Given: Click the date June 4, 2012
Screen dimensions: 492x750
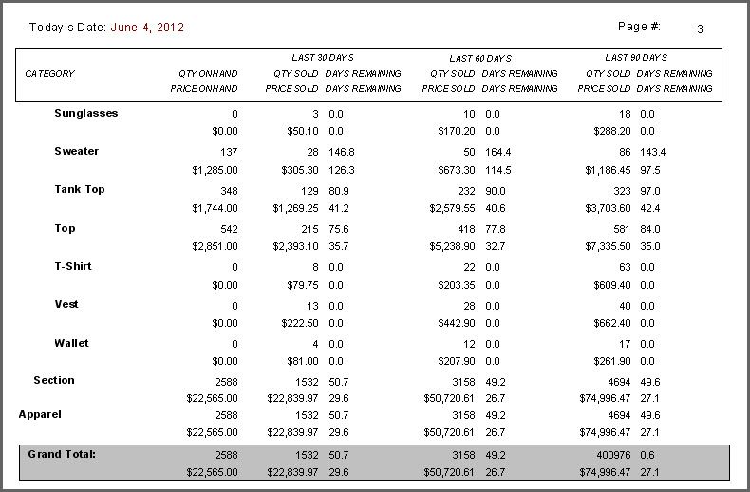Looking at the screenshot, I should tap(147, 28).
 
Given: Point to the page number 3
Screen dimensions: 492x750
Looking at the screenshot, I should tap(700, 29).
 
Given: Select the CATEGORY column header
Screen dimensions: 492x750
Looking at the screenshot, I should tap(49, 74).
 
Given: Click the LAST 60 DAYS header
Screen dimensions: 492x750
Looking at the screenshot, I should tap(479, 59).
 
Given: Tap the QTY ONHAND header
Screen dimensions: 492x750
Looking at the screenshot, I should tap(208, 74).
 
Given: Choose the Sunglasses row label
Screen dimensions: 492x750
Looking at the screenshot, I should tap(85, 113).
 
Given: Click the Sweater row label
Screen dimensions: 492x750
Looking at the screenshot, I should tap(76, 151).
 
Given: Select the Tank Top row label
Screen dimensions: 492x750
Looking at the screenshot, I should tap(79, 189).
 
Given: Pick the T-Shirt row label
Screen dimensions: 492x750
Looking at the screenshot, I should tap(73, 266).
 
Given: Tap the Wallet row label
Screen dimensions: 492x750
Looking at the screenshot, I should tap(71, 343).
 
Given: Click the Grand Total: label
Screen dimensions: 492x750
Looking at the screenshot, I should tap(62, 454).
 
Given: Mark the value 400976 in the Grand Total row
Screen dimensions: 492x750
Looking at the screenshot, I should tap(609, 455).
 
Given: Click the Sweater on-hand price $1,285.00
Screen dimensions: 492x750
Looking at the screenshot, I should tap(215, 170).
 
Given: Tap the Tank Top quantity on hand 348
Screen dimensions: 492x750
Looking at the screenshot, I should tap(228, 190).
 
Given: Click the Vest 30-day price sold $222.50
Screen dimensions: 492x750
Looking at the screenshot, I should tap(296, 323).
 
